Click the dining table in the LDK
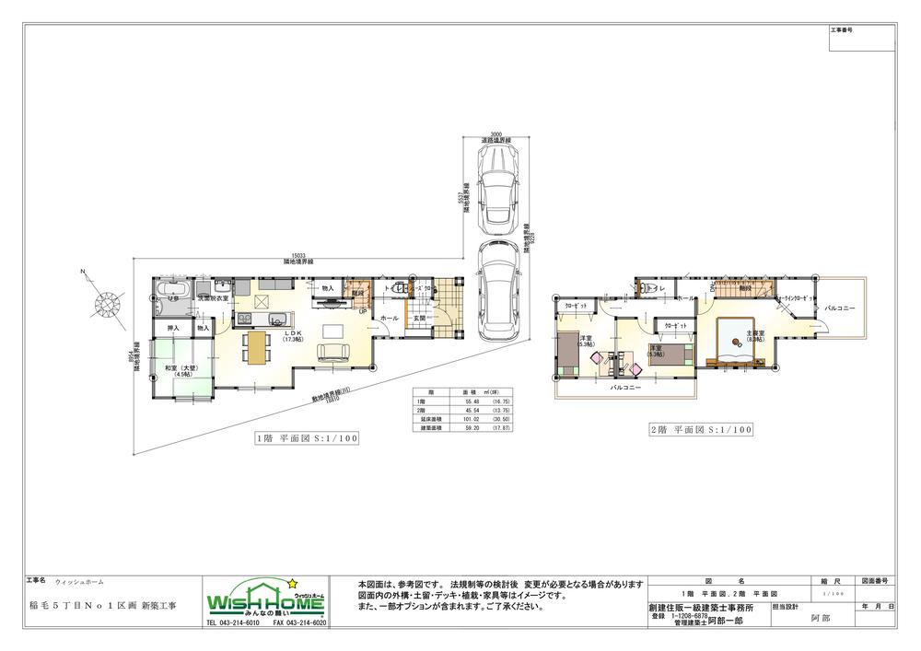pyautogui.click(x=256, y=347)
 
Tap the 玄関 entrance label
pyautogui.click(x=419, y=318)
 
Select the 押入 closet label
pyautogui.click(x=172, y=328)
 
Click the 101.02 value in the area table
pyautogui.click(x=470, y=421)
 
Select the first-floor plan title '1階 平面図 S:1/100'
pyautogui.click(x=307, y=439)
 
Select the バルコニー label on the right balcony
pyautogui.click(x=839, y=308)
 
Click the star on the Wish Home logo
pyautogui.click(x=294, y=583)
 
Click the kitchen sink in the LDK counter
pyautogui.click(x=246, y=320)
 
